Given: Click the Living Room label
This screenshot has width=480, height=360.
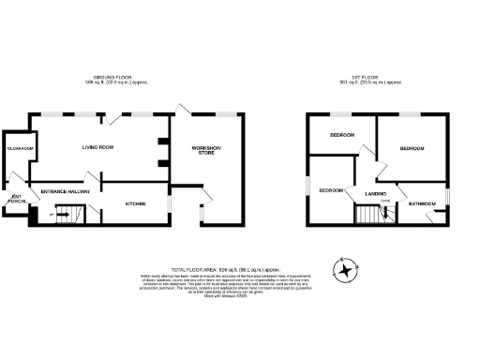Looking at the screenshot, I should click(x=97, y=147).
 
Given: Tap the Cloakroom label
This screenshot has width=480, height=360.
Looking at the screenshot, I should click(x=21, y=149).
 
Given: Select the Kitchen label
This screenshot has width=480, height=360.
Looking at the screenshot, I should click(x=136, y=202).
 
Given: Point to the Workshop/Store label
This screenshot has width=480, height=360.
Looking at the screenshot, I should click(x=206, y=152).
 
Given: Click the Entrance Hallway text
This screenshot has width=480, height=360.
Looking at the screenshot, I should click(x=64, y=192).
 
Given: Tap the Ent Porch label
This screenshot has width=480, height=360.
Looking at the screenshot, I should click(x=15, y=198).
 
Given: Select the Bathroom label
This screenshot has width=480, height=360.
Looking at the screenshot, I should click(x=420, y=203).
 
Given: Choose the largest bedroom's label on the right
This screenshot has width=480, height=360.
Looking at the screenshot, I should click(x=412, y=149).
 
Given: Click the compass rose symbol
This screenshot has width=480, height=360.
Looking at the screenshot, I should click(x=348, y=270).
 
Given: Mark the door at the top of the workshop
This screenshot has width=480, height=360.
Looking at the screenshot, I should click(x=184, y=109).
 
